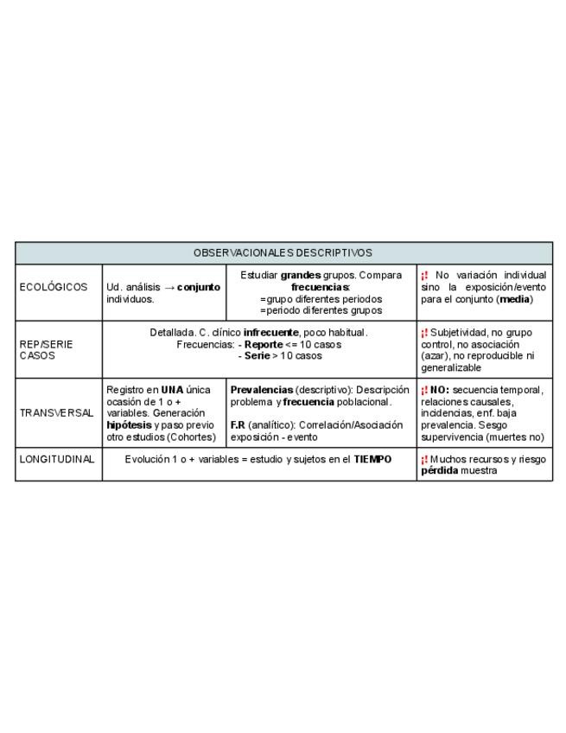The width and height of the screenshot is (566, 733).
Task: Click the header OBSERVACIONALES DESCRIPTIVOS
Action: pos(283,253)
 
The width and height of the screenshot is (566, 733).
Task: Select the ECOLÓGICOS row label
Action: pos(54,288)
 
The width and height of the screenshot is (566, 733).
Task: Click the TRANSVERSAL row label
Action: pos(56,413)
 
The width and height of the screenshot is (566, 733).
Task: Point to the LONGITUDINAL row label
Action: pos(57,460)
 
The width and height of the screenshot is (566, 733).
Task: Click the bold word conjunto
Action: pos(199,287)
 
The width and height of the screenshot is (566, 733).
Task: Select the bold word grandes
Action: pos(301,276)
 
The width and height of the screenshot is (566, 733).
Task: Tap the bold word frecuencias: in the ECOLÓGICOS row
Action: pos(321,287)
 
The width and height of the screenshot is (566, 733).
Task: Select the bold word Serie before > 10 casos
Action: pos(257,355)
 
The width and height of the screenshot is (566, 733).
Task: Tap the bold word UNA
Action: pos(173,390)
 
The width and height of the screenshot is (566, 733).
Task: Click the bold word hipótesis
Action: pos(129,425)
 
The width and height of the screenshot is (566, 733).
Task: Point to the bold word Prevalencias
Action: pos(262,390)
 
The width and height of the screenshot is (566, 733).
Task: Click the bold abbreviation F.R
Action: pos(238,425)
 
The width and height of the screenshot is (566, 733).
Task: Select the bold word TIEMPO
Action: pos(372,460)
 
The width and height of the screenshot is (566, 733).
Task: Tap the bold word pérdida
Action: pos(440,471)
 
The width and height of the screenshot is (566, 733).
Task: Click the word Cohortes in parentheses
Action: pos(190,437)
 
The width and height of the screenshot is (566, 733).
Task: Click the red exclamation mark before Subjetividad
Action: pos(424,333)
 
